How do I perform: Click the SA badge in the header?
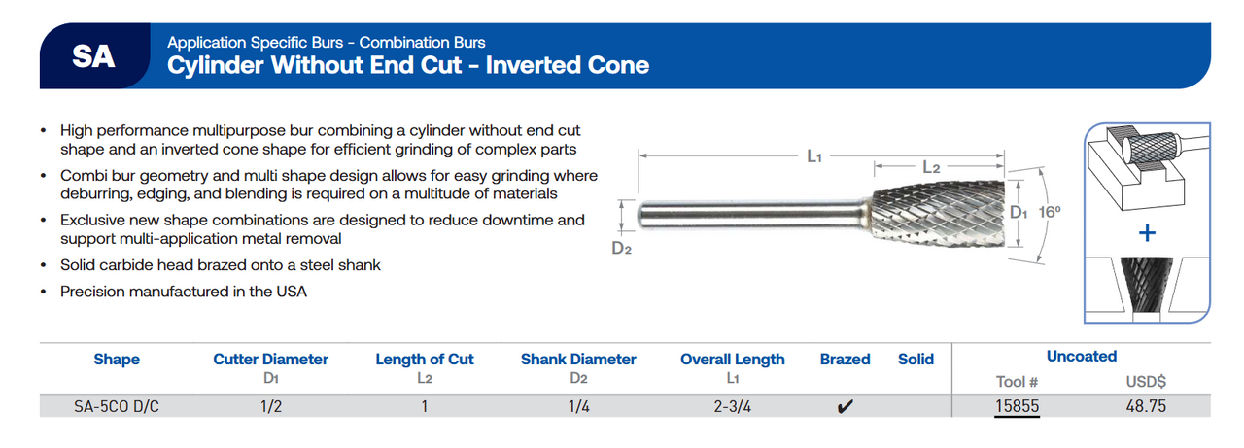pos(93,56)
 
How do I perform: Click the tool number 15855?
pos(1018,406)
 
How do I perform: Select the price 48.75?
pos(1145,406)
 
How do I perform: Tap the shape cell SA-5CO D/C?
pos(116,406)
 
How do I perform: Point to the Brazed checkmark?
pos(845,407)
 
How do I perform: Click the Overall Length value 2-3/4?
pos(732,406)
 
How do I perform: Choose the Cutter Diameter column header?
pos(270,360)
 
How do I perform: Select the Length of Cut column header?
pos(424,360)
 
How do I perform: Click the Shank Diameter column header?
pos(578,360)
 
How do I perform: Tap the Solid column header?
pos(916,360)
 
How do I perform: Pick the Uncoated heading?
pos(1081,356)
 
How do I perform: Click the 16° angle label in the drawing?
pos(1048,211)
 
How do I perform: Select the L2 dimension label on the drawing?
pos(930,168)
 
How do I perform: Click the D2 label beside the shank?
pos(622,249)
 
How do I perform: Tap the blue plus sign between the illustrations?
pos(1147,233)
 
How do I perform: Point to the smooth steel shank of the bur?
pos(739,214)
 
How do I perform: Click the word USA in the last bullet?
pos(292,292)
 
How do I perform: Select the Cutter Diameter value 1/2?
pos(270,406)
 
